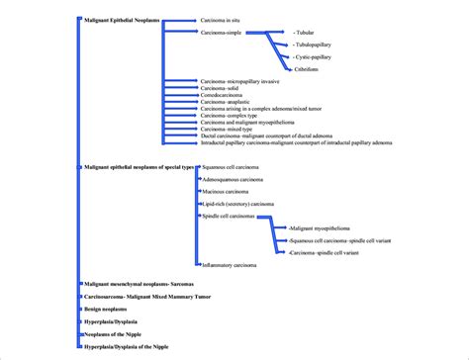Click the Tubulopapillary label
click(x=314, y=45)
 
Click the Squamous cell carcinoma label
click(x=234, y=168)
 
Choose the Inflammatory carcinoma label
click(x=230, y=265)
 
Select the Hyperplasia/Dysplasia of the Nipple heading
click(x=126, y=347)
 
